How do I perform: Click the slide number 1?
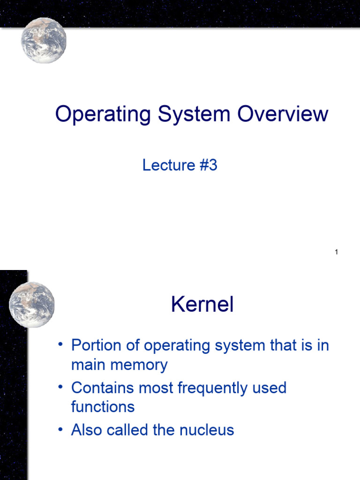coord(337,253)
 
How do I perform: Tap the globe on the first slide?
coord(44,40)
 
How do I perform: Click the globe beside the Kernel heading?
coord(32,304)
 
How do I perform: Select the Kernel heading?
coord(202,305)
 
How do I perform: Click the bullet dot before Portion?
coord(60,345)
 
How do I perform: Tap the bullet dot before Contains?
coord(60,387)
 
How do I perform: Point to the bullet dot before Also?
coord(60,429)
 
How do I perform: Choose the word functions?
coord(103,406)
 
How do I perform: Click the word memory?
coord(140,365)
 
